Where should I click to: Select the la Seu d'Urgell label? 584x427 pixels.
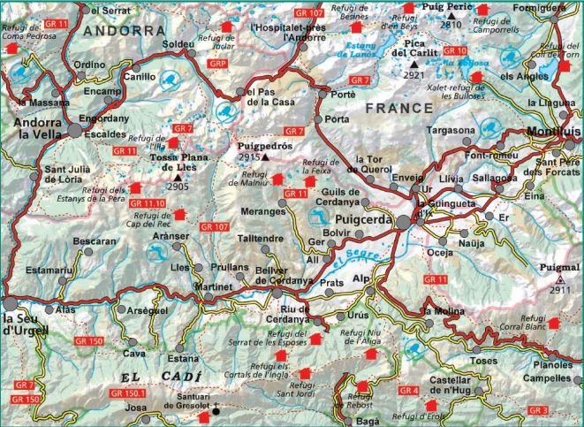24,324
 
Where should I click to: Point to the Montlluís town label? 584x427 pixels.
553,132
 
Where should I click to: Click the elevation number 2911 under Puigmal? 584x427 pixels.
560,289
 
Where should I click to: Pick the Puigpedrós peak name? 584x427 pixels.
266,147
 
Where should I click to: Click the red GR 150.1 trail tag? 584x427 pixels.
131,392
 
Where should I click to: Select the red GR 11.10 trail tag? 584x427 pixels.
148,204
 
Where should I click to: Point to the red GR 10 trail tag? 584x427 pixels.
455,50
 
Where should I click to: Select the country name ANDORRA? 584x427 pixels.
125,30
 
